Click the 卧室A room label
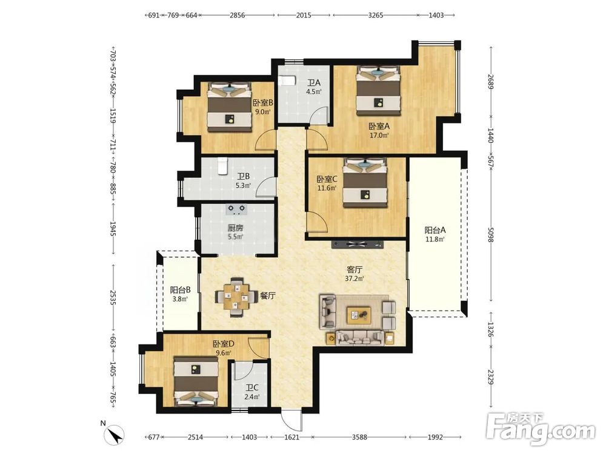pos(379,127)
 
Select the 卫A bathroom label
pos(314,83)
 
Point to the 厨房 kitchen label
pos(235,228)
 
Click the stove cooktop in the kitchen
pos(236,209)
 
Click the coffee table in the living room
pos(359,315)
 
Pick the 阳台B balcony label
pos(180,290)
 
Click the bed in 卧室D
pos(196,381)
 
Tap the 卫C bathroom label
pos(252,387)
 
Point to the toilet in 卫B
pos(222,166)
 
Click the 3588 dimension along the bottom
pos(359,437)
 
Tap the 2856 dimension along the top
pos(238,16)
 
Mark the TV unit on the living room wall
pos(357,243)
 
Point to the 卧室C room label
pos(327,180)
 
